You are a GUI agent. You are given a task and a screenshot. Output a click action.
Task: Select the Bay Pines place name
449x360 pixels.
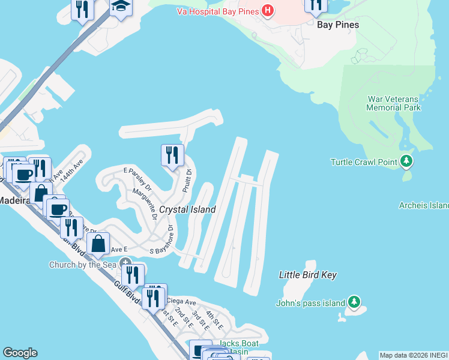point(338,25)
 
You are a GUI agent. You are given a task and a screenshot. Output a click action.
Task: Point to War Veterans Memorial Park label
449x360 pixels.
point(393,103)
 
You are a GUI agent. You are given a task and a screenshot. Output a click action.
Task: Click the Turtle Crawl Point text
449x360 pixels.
point(364,162)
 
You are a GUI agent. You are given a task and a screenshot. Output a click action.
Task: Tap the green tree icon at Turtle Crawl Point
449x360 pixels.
point(407,161)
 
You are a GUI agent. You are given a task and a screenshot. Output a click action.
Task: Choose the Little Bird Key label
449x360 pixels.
point(307,275)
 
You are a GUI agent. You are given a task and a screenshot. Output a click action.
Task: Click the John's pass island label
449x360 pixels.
point(310,303)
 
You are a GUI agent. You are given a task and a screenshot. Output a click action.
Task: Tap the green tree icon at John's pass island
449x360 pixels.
point(354,302)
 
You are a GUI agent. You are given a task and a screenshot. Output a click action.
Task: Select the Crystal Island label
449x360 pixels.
point(187,209)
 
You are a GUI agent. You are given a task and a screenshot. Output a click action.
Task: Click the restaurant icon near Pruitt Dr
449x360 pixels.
point(172,155)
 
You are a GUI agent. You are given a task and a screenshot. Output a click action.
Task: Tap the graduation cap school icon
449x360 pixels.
point(121,6)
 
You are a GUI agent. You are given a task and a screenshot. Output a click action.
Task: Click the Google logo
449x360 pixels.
point(20,353)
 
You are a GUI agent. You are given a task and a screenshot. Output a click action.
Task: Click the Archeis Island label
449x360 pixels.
point(424,205)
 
